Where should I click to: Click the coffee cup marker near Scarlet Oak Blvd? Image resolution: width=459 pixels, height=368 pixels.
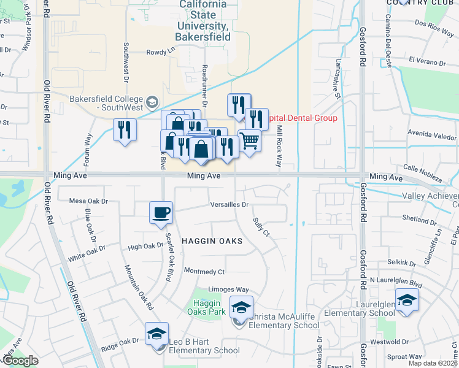(161, 213)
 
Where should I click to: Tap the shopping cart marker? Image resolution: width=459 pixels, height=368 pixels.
(249, 141)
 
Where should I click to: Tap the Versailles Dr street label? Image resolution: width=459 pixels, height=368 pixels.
(229, 205)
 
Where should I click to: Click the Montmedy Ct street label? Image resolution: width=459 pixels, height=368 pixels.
(204, 271)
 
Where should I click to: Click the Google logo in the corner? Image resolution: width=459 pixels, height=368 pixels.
(20, 361)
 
